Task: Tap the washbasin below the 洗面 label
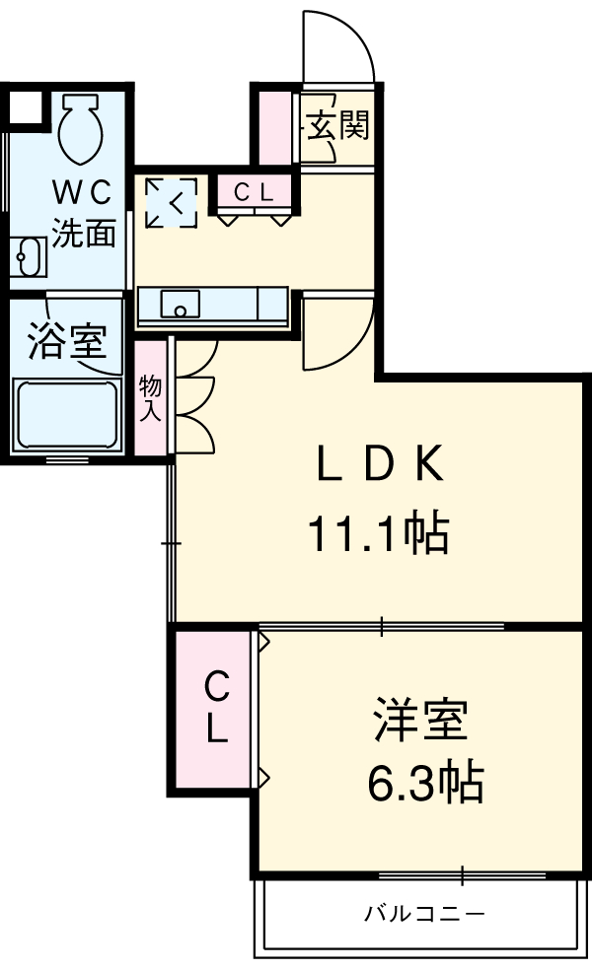click(29, 258)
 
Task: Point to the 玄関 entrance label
click(336, 125)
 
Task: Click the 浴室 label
click(66, 342)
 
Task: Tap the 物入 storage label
click(150, 398)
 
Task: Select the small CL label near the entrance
click(254, 192)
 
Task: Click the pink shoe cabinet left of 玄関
click(277, 127)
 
